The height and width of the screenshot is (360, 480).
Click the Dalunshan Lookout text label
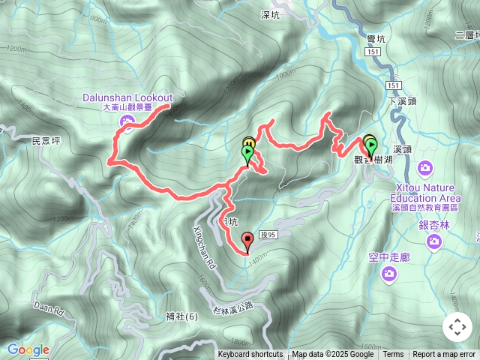(x=127, y=98)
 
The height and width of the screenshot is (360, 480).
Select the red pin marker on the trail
(x=247, y=241)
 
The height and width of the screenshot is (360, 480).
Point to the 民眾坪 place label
(x=46, y=140)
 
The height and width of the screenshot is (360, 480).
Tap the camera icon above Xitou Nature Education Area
(x=425, y=167)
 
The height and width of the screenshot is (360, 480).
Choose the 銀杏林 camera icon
(x=433, y=241)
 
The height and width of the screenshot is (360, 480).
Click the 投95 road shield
(x=268, y=235)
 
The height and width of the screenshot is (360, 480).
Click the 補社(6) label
(x=182, y=316)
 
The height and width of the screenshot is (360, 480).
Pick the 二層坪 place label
(x=466, y=34)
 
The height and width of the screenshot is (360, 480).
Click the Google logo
(x=28, y=349)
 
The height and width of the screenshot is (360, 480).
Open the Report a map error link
(x=444, y=355)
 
